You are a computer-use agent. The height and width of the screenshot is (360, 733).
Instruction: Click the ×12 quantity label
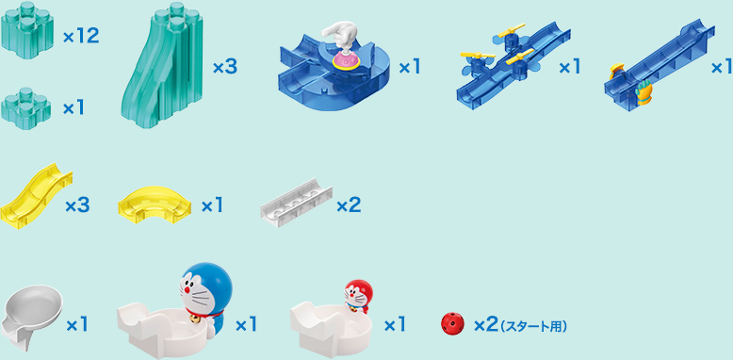(81, 37)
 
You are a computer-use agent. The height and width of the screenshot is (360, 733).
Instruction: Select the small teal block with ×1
(26, 106)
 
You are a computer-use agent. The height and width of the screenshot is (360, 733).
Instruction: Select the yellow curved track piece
(155, 201)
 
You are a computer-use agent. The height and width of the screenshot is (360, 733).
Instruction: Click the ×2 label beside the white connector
(348, 205)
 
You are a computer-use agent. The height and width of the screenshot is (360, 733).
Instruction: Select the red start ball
(452, 324)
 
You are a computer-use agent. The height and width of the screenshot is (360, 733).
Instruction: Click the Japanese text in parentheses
(533, 326)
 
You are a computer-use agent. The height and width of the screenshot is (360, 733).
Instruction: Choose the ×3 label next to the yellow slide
(77, 205)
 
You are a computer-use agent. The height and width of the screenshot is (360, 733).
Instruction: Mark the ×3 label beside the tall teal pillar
(224, 68)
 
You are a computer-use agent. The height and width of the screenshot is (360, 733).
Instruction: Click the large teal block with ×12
(27, 34)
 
